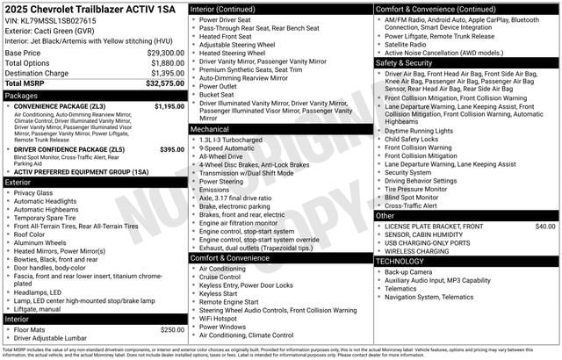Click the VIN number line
(x=52, y=19)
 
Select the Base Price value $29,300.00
(x=165, y=53)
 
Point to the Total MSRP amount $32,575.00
(x=165, y=83)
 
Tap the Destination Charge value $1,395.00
(x=167, y=73)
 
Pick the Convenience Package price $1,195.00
(x=169, y=106)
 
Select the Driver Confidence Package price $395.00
(x=172, y=149)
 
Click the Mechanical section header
(x=210, y=129)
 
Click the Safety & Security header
(x=405, y=63)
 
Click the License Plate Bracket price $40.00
(x=544, y=227)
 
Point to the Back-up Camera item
(x=408, y=272)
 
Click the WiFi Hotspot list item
(x=223, y=318)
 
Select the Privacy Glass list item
(x=33, y=193)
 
